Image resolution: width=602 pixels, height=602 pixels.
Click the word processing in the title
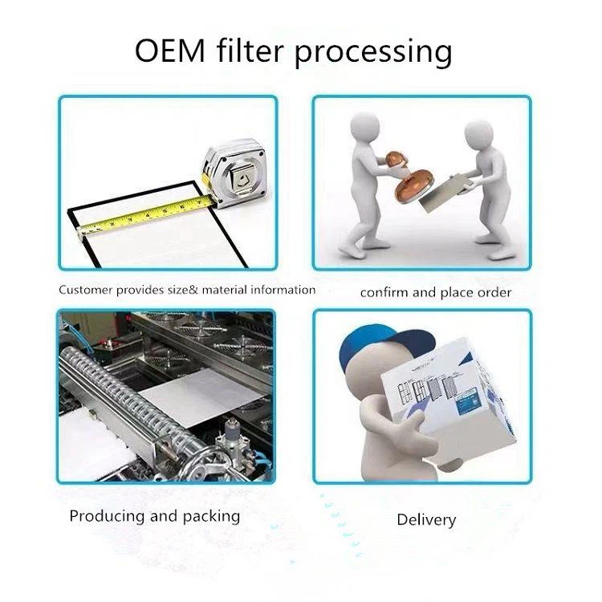tap(374, 53)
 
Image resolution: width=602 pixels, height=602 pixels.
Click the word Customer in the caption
tap(86, 290)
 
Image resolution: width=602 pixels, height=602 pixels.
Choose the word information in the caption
tap(278, 290)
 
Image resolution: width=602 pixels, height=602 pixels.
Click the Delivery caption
tap(426, 520)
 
